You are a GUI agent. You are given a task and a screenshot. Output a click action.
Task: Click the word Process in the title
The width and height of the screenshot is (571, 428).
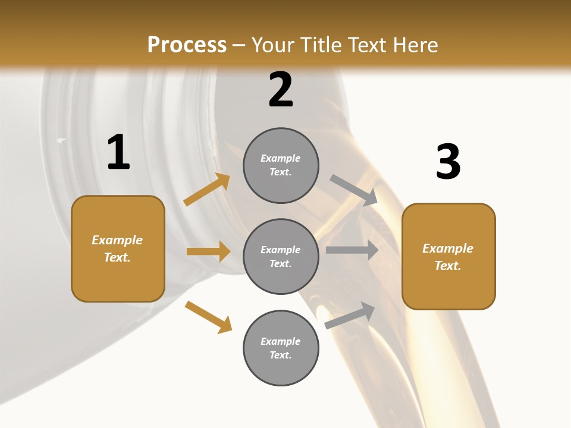pyautogui.click(x=187, y=45)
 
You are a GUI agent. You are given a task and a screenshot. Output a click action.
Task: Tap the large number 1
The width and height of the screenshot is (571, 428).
pyautogui.click(x=118, y=152)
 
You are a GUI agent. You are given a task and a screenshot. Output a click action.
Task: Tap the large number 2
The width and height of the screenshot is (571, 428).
pyautogui.click(x=281, y=90)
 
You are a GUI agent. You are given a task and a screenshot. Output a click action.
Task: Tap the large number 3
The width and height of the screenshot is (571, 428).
pyautogui.click(x=448, y=162)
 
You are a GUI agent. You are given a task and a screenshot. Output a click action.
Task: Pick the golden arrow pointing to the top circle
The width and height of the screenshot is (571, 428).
pyautogui.click(x=207, y=190)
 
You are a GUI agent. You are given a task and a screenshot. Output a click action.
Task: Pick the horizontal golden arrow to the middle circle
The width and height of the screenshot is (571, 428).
pyautogui.click(x=208, y=251)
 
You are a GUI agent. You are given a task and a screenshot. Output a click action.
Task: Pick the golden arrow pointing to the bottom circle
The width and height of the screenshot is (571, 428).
pyautogui.click(x=208, y=317)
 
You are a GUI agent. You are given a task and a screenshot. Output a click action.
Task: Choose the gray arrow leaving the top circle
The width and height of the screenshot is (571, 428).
pyautogui.click(x=354, y=190)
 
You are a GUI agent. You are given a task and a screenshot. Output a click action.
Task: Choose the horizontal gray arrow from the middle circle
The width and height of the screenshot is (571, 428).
pyautogui.click(x=352, y=250)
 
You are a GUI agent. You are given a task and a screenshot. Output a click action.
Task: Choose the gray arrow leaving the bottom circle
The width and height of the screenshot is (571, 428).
pyautogui.click(x=350, y=316)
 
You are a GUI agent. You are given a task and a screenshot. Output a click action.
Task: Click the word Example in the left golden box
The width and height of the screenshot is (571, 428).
pyautogui.click(x=117, y=240)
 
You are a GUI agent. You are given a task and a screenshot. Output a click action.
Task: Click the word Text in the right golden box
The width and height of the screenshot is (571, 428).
pyautogui.click(x=447, y=266)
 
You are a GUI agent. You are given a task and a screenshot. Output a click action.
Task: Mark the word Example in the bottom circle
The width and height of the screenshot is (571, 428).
pyautogui.click(x=281, y=341)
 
